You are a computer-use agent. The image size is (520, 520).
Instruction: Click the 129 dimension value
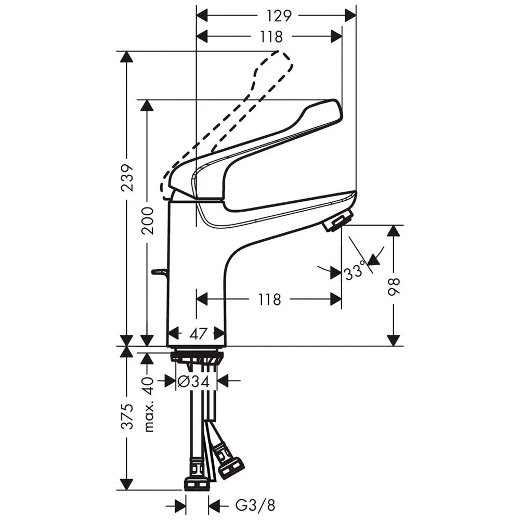pos(279,16)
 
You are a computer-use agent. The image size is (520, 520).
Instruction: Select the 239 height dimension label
pos(127,177)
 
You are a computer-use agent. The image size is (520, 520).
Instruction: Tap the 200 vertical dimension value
pos(148,221)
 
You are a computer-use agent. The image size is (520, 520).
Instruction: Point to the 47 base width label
pos(198,333)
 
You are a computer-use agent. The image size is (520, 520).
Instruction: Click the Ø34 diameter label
pos(193,381)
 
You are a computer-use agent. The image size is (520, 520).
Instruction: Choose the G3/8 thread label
pos(255,506)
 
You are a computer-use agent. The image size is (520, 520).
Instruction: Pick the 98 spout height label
pos(394,286)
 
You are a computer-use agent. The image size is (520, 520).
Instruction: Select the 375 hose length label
pos(127,416)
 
